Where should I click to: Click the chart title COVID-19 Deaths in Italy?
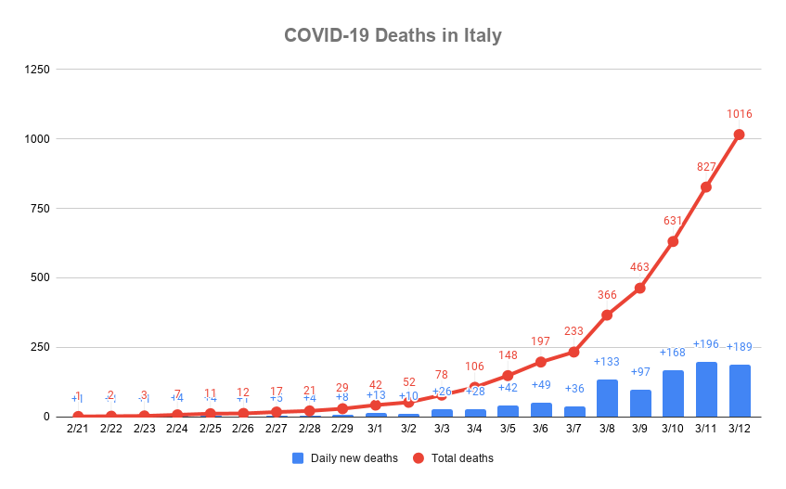393,36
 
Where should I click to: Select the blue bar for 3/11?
706,390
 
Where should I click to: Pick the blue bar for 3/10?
673,393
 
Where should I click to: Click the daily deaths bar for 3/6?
541,409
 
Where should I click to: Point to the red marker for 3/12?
739,135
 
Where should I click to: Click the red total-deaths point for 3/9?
639,288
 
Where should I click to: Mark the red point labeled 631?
673,241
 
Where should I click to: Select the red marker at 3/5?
508,376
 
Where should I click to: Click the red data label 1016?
739,114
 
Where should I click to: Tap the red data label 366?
607,295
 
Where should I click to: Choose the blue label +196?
706,344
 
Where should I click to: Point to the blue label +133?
607,362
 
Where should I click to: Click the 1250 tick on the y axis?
38,69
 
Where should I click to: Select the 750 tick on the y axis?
41,208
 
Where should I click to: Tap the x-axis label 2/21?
78,429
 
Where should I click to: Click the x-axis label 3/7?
573,429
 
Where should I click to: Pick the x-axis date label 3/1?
375,429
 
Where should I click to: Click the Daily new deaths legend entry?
345,458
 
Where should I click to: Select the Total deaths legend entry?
454,458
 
